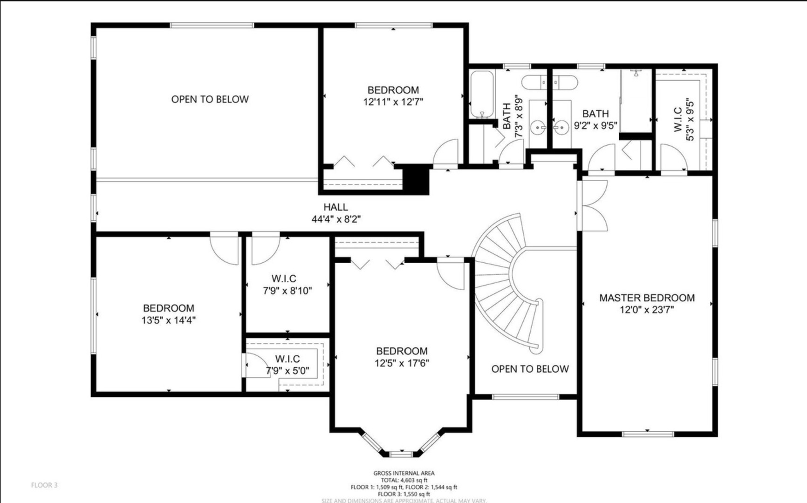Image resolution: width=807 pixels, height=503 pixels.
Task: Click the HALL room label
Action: [x=335, y=207]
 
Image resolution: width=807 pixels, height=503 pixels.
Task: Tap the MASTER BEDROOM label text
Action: [x=647, y=298]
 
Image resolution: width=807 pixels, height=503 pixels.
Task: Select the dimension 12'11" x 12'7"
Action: [x=393, y=102]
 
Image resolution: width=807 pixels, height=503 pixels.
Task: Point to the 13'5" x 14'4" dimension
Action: [x=168, y=320]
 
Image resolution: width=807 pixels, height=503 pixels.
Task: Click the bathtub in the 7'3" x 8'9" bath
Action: [x=481, y=95]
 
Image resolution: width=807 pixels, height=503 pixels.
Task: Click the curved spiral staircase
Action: [x=508, y=284]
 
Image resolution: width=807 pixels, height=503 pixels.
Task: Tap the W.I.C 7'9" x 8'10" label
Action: [x=287, y=285]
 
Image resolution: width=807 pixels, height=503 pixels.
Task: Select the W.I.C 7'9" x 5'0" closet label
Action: [x=287, y=365]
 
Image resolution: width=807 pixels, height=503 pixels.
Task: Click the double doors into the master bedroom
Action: [x=593, y=206]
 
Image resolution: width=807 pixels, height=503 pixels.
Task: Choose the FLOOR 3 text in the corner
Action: [x=44, y=485]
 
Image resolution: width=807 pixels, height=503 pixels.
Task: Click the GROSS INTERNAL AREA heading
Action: [x=403, y=473]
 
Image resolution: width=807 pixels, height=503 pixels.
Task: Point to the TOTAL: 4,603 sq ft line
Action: [x=403, y=480]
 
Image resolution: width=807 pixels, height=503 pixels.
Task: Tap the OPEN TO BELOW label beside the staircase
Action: [x=530, y=369]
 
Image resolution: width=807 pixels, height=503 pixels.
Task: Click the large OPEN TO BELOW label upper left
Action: [x=210, y=99]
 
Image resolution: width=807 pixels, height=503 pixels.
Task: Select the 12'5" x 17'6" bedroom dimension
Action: [x=402, y=363]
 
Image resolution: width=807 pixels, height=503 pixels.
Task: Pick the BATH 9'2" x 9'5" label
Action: [x=595, y=120]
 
